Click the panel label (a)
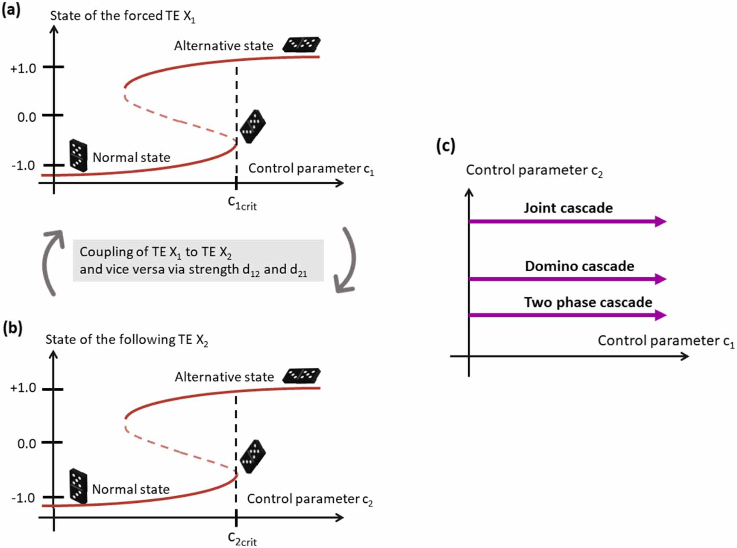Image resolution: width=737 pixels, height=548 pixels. (11, 10)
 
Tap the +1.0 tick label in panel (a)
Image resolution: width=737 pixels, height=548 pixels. (23, 68)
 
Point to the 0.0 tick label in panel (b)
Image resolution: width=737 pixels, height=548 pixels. (26, 444)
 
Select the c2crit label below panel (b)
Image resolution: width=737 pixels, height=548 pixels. (242, 539)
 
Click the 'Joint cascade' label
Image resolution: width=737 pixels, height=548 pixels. (568, 208)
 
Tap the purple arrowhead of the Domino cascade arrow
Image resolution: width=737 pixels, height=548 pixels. (660, 279)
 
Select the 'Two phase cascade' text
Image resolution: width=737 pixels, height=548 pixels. (588, 302)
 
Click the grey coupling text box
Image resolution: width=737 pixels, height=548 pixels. (198, 261)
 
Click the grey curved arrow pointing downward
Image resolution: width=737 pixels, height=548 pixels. (347, 261)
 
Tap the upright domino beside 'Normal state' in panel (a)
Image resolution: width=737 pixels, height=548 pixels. (78, 155)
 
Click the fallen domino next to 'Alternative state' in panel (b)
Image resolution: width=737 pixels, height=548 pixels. (302, 375)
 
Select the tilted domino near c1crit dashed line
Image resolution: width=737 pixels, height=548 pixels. (253, 126)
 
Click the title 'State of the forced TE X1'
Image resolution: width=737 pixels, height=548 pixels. (122, 16)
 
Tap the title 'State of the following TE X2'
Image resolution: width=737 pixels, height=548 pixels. (126, 340)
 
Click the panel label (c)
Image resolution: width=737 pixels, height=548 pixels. (445, 146)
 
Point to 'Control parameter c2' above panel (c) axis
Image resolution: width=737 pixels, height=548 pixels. (534, 170)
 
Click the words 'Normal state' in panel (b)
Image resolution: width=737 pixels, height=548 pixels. (131, 489)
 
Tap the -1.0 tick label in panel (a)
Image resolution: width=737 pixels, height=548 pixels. (23, 166)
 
